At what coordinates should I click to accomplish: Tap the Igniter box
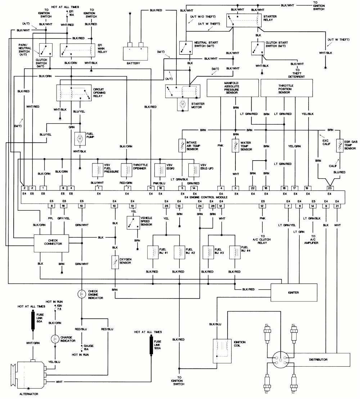click(294, 292)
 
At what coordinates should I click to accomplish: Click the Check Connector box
click(51, 243)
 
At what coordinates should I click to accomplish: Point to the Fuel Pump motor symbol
click(80, 139)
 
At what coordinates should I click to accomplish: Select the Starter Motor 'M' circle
click(183, 104)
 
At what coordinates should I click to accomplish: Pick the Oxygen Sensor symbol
click(115, 262)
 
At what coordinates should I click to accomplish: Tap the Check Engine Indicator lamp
click(82, 294)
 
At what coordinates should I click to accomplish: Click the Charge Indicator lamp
click(55, 339)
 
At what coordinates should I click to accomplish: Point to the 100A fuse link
click(150, 345)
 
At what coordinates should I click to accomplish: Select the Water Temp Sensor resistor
click(236, 147)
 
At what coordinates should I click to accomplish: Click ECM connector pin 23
click(329, 188)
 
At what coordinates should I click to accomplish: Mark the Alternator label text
click(28, 394)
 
